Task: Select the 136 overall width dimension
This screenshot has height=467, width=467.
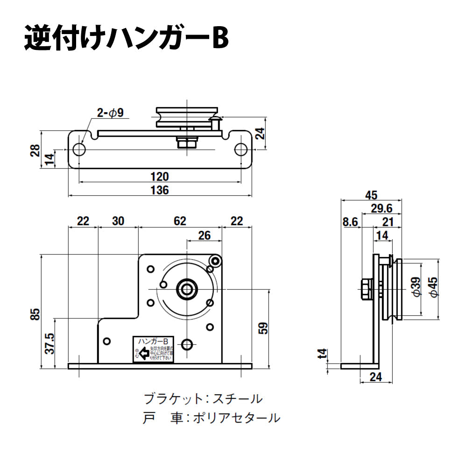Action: coord(160,190)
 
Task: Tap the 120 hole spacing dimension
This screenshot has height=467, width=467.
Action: coord(160,177)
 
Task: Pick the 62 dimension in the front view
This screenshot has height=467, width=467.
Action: coord(180,221)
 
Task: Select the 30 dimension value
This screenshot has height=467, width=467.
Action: coord(118,221)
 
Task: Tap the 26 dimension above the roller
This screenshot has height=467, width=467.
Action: coord(204,236)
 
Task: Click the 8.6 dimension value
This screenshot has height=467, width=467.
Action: coord(350,222)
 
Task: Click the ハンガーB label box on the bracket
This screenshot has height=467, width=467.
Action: coord(154,342)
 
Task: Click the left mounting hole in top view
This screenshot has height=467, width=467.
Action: coord(79,149)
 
